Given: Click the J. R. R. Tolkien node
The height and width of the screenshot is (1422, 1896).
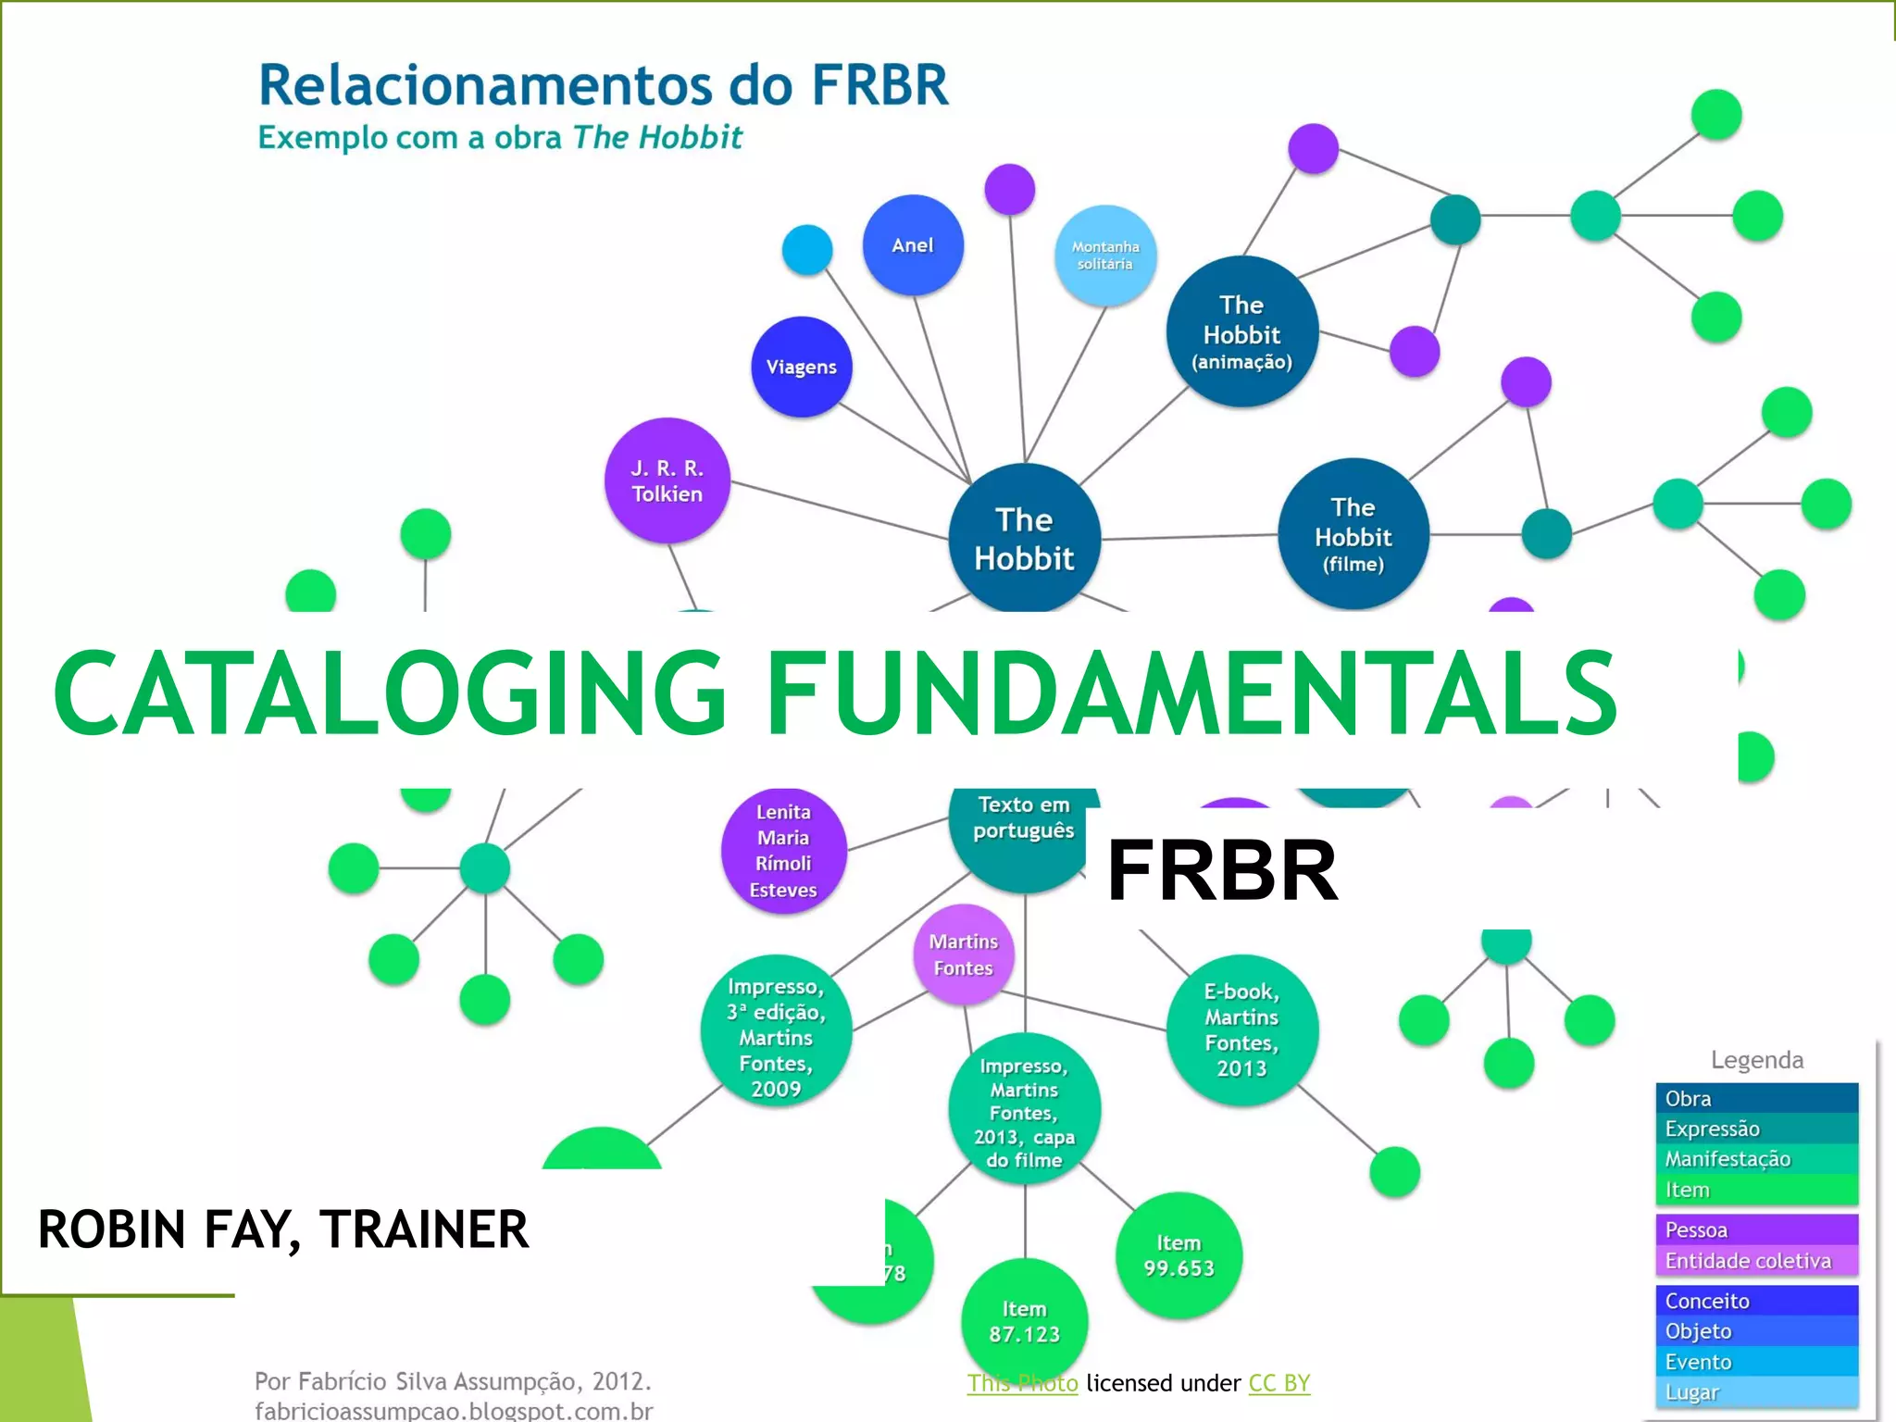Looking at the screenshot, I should [667, 480].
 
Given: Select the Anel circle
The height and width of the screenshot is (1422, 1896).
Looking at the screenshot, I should [913, 245].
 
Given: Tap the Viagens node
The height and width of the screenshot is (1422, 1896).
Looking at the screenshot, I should [801, 367].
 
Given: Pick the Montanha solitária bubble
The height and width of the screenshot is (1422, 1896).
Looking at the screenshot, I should [1105, 256].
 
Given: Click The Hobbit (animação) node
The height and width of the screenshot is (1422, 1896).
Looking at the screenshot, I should [1241, 331].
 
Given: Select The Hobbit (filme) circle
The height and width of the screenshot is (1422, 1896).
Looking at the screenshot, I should [1353, 534].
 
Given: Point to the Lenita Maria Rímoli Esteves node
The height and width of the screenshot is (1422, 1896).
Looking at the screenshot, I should [783, 850].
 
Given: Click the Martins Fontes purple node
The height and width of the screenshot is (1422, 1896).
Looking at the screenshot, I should [963, 954].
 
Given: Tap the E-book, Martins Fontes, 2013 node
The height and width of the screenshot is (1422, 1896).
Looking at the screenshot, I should [1241, 1029].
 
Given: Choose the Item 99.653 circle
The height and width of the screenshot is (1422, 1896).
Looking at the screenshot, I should [1178, 1255].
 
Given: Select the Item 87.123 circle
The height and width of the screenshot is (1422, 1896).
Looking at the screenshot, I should [1024, 1321].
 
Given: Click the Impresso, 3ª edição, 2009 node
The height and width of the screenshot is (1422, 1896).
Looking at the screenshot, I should [776, 1037].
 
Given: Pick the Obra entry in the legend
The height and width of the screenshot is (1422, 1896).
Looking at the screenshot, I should [1756, 1098].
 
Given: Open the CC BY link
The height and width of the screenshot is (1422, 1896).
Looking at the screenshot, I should [1279, 1383].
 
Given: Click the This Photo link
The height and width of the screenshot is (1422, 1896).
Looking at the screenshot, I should [1022, 1383].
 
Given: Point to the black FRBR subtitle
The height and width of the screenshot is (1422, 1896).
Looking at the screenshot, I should [1222, 869].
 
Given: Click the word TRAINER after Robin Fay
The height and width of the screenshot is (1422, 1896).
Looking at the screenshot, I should [424, 1229].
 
